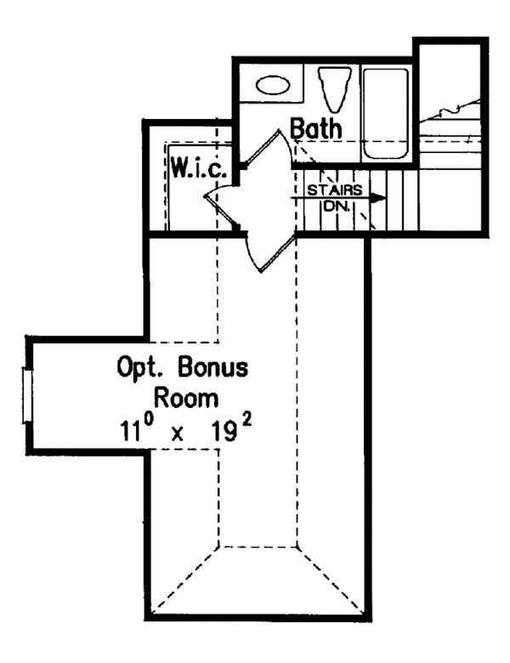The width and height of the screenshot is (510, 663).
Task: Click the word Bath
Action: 316,129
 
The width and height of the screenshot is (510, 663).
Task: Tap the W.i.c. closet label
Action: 196,167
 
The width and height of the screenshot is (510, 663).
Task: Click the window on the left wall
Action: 28,396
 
